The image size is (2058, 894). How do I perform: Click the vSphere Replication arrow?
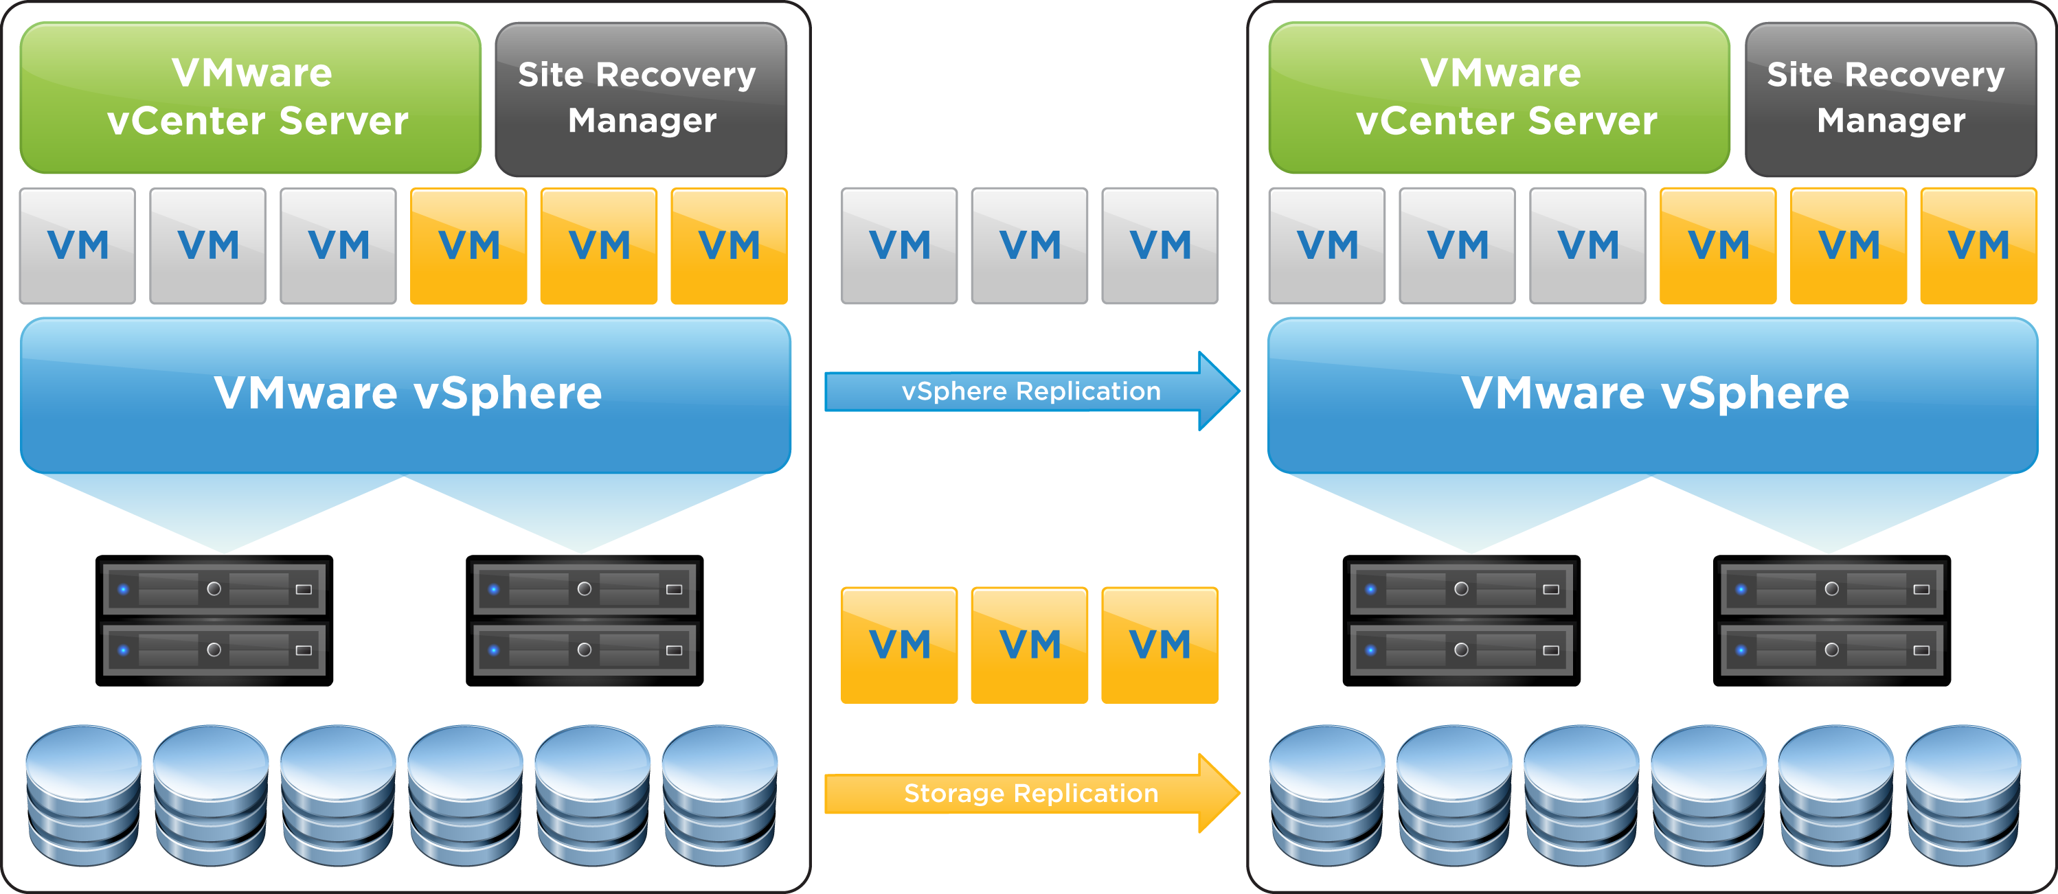pyautogui.click(x=1030, y=391)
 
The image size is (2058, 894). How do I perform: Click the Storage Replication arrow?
pyautogui.click(x=1030, y=793)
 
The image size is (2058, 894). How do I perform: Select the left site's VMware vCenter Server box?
pyautogui.click(x=251, y=98)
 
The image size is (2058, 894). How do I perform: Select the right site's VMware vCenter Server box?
pyautogui.click(x=1499, y=98)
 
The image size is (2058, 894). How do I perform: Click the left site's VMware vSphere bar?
pyautogui.click(x=406, y=395)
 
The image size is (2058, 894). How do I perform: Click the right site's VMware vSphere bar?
pyautogui.click(x=1652, y=395)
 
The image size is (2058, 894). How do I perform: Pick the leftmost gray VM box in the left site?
pyautogui.click(x=78, y=246)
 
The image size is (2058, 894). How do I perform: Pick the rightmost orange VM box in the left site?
pyautogui.click(x=729, y=246)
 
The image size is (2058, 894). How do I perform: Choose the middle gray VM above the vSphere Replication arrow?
pyautogui.click(x=1029, y=246)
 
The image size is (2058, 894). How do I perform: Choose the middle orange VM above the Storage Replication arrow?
pyautogui.click(x=1029, y=645)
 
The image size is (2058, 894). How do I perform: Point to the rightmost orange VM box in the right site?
pyautogui.click(x=1978, y=246)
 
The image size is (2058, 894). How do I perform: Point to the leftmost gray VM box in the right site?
pyautogui.click(x=1327, y=246)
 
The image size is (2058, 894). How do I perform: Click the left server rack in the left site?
pyautogui.click(x=214, y=621)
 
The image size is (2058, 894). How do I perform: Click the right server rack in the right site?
pyautogui.click(x=1831, y=621)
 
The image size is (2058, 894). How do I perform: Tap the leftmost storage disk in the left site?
pyautogui.click(x=84, y=795)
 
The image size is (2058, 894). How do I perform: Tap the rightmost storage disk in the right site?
pyautogui.click(x=1963, y=795)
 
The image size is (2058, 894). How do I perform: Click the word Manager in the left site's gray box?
pyautogui.click(x=642, y=121)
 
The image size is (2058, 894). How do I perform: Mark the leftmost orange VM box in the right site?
pyautogui.click(x=1718, y=246)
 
